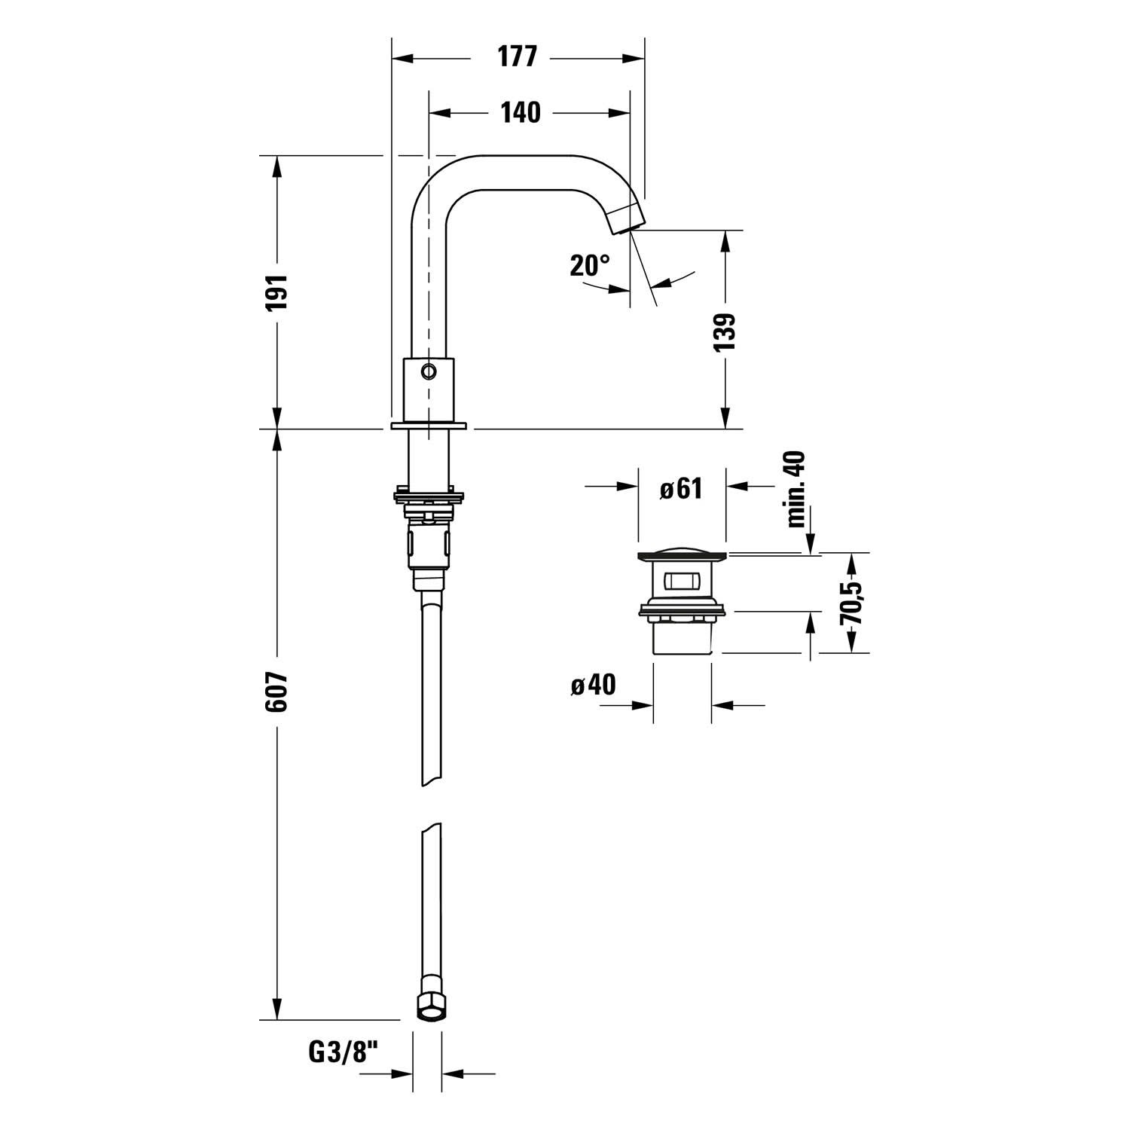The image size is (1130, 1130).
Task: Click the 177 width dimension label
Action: tap(517, 57)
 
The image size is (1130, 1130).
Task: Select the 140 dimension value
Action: tap(521, 112)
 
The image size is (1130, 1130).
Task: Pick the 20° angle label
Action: tap(590, 265)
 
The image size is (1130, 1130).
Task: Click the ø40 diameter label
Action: tap(593, 685)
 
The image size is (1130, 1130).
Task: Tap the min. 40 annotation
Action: tap(796, 489)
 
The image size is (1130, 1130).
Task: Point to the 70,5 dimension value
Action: tap(853, 601)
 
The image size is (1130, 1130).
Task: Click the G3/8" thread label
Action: tap(342, 1051)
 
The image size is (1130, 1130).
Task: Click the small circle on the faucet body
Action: tap(429, 371)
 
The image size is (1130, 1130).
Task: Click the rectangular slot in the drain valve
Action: tap(682, 582)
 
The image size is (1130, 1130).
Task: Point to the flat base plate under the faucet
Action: tap(429, 426)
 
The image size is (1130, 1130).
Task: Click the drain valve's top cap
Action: tap(682, 556)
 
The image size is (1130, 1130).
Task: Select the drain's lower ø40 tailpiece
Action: tap(682, 639)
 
